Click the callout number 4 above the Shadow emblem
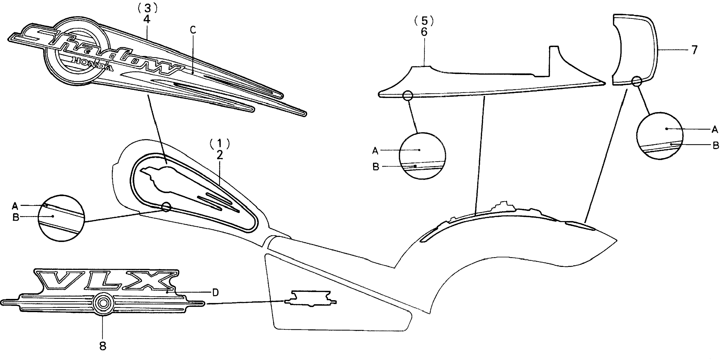[x=147, y=19]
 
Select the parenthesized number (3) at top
[x=147, y=8]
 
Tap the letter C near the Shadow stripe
[x=193, y=30]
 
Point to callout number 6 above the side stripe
[x=424, y=32]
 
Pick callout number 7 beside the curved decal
[x=694, y=50]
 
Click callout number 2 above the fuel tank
[x=220, y=155]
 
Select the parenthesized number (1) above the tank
[x=220, y=144]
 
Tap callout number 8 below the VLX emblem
[x=103, y=346]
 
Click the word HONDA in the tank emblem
[x=93, y=64]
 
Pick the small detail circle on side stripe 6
[x=408, y=95]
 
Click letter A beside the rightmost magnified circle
[x=715, y=129]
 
